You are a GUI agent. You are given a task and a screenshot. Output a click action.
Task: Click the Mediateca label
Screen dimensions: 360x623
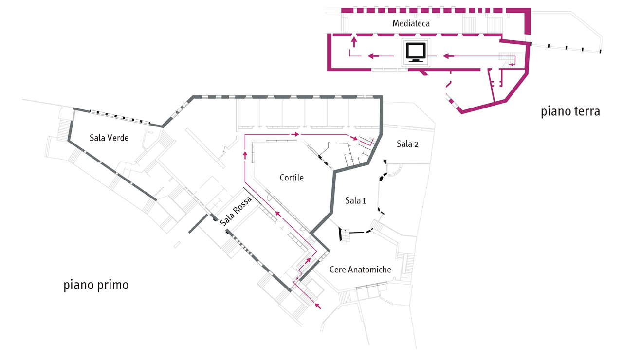411,23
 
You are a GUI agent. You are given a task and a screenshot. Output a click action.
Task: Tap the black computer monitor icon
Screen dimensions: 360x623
416,52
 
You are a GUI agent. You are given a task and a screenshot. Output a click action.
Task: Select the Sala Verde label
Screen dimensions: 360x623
109,138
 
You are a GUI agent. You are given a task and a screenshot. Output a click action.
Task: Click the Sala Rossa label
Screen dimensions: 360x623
236,211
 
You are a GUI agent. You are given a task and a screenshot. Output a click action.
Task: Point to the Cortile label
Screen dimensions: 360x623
292,178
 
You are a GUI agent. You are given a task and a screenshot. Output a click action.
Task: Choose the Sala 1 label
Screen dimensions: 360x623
355,200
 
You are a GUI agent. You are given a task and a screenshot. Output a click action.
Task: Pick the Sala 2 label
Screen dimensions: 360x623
407,144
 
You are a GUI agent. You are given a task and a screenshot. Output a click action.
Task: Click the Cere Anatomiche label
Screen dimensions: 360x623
360,270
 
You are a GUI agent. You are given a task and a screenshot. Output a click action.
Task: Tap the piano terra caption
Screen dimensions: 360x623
570,111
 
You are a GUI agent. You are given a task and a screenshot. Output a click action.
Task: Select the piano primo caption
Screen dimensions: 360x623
96,285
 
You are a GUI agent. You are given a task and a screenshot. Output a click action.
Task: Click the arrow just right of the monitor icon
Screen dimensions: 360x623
448,56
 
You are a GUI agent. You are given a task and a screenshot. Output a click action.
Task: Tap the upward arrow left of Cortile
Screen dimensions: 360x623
244,155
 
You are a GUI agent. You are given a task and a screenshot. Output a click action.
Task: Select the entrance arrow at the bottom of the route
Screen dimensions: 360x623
318,306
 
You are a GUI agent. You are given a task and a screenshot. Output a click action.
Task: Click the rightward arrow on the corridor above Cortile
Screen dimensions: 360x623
294,133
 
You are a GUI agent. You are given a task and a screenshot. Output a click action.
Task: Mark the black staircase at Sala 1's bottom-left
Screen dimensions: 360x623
345,235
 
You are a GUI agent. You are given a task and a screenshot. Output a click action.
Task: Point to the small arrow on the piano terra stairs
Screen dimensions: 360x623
512,64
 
